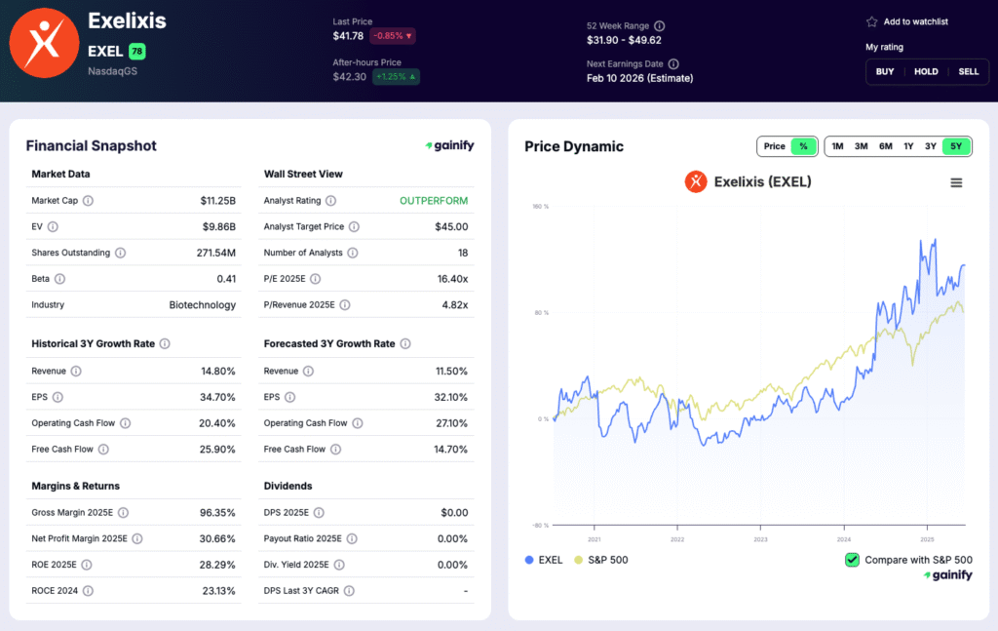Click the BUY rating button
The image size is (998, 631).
(885, 71)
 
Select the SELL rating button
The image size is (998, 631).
(969, 71)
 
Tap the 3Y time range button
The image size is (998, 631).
(931, 146)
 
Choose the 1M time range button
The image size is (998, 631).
(837, 146)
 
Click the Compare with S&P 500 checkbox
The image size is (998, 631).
(852, 560)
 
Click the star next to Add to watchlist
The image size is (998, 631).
(871, 21)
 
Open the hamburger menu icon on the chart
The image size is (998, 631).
(956, 182)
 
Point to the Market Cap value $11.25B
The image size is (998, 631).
(217, 201)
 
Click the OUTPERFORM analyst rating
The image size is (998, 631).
(433, 201)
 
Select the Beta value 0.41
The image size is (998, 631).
(226, 279)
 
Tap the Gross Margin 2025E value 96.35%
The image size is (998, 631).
(216, 513)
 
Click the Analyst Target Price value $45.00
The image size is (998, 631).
(451, 227)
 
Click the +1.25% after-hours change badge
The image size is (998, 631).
(396, 76)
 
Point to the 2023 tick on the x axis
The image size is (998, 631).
(760, 538)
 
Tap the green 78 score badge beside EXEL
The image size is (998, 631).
(136, 51)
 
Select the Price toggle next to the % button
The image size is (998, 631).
(774, 146)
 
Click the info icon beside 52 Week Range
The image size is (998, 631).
(659, 25)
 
